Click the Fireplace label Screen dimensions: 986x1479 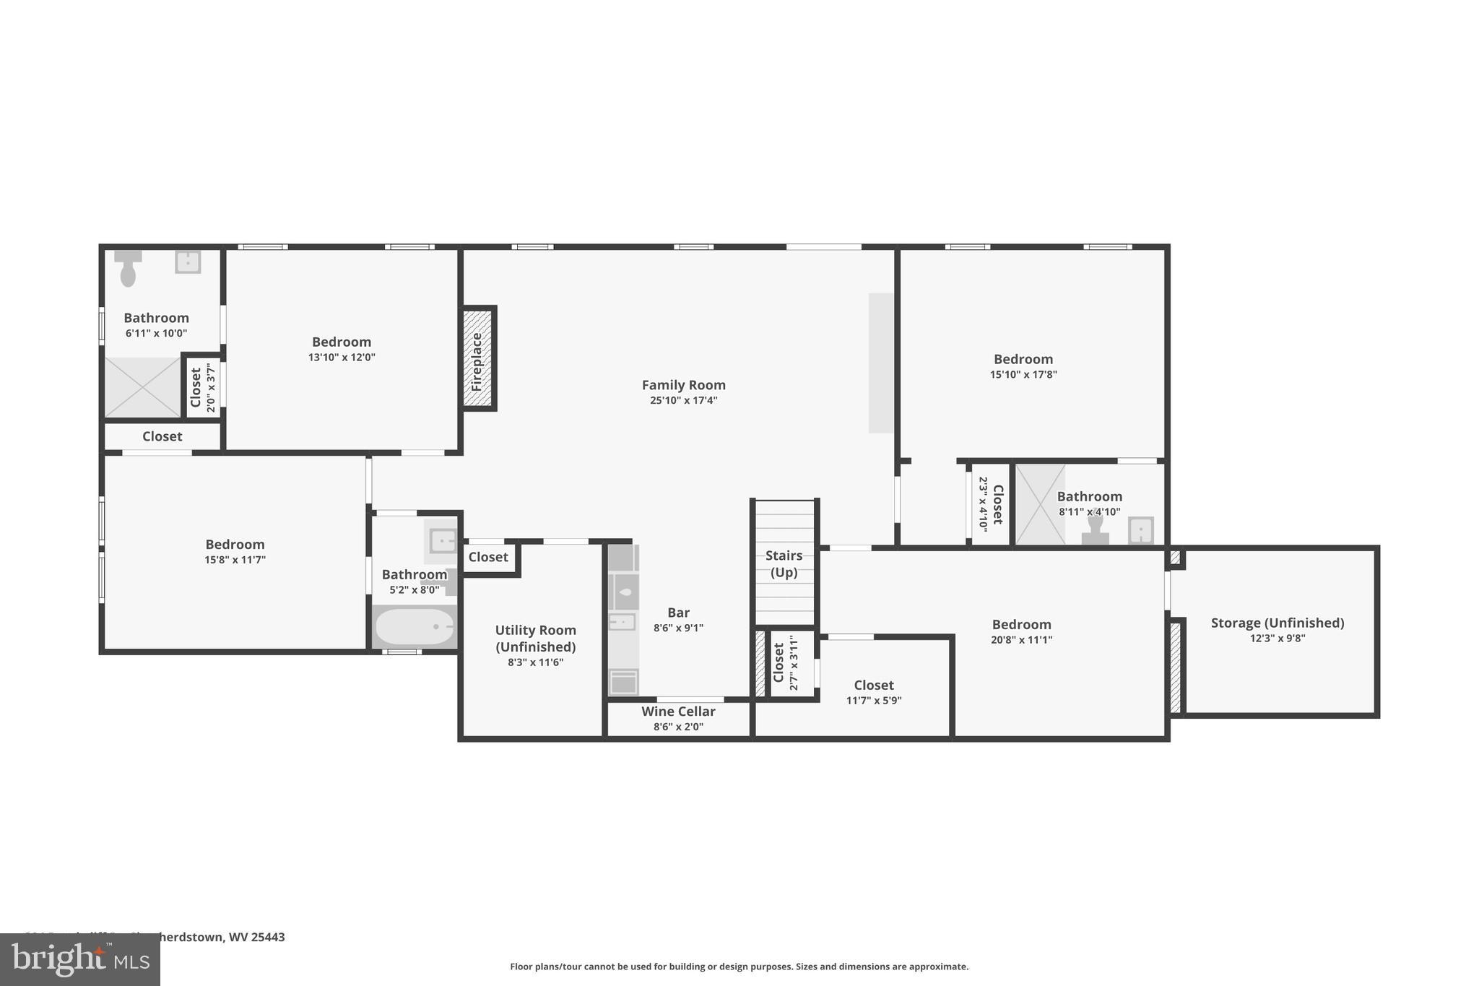(477, 360)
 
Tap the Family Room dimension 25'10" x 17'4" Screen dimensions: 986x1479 (683, 400)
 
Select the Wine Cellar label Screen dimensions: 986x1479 (678, 712)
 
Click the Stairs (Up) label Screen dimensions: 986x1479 (784, 563)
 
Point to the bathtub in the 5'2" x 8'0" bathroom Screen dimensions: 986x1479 (415, 626)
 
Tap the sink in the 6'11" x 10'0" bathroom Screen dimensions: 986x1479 (188, 261)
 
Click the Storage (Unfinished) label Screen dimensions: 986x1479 (1277, 623)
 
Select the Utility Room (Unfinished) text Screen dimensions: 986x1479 (535, 639)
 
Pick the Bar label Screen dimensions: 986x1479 (678, 613)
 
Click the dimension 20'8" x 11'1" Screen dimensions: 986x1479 (1021, 639)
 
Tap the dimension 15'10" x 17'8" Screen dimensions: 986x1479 (1023, 374)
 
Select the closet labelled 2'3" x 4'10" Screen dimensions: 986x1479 (990, 503)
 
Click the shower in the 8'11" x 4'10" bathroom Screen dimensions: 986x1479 (1040, 504)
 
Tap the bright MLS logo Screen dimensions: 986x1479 (79, 959)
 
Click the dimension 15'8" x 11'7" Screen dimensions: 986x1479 (235, 559)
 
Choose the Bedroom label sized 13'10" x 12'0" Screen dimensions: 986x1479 (341, 342)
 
